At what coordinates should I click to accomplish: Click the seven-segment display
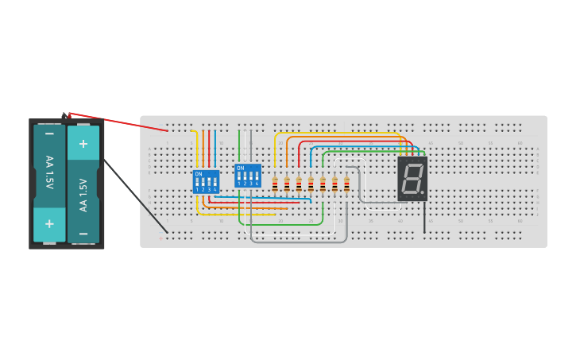(x=412, y=178)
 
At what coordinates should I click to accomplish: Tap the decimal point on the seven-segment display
(x=423, y=192)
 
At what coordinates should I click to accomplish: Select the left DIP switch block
(x=206, y=181)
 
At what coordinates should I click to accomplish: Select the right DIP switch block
(x=248, y=176)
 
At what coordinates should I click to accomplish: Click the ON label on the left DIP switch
(x=199, y=173)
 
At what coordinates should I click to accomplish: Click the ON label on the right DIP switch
(x=241, y=168)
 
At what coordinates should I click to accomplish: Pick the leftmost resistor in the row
(x=275, y=184)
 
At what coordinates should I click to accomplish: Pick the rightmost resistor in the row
(x=346, y=184)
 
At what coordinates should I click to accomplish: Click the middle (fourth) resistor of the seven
(x=311, y=184)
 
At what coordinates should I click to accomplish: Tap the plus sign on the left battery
(x=49, y=224)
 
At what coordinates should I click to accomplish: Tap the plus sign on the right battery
(x=83, y=144)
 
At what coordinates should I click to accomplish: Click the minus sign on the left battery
(x=49, y=134)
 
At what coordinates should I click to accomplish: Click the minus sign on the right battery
(x=83, y=233)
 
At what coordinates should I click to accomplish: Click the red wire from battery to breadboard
(x=119, y=122)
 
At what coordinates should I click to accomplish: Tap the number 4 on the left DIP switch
(x=215, y=190)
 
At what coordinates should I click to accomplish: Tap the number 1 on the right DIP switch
(x=238, y=184)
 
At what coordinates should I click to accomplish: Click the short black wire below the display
(x=424, y=216)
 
